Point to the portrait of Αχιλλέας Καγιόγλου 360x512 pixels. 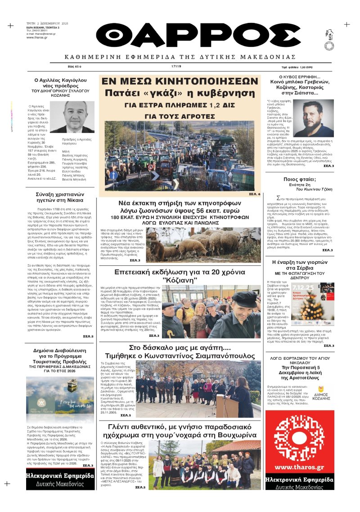72,116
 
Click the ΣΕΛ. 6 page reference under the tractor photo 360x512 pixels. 254,194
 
